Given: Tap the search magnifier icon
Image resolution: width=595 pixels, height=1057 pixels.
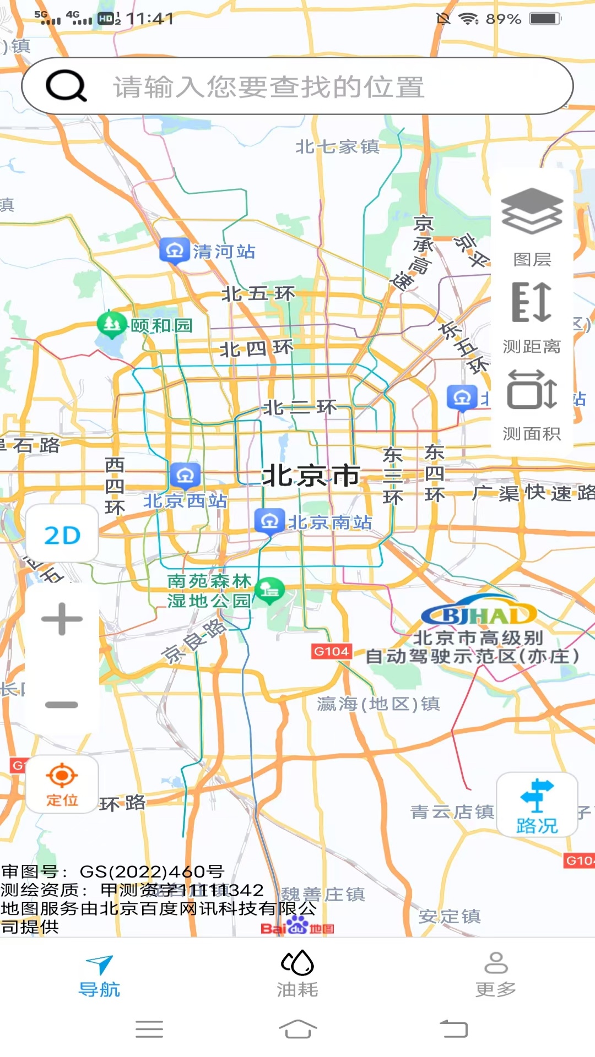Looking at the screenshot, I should pos(66,86).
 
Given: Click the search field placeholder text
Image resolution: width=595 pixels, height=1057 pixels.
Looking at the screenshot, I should pos(269,87).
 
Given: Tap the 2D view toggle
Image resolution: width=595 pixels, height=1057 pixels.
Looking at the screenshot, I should pos(62,535).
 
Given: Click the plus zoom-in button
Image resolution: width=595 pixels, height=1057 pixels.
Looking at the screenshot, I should pos(62,619).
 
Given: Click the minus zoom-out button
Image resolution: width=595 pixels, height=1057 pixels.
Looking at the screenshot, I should pos(62,704).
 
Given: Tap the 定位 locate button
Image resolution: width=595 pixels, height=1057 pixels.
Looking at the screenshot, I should pos(62,784).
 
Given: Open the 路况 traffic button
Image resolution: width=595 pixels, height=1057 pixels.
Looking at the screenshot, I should pos(537,805).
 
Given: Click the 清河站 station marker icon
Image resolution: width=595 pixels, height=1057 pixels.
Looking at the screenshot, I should pos(175,251).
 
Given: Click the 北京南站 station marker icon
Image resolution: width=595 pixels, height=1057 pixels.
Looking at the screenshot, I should pos(269,521).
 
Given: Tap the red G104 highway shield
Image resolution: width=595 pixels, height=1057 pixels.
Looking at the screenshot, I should pos(331,652).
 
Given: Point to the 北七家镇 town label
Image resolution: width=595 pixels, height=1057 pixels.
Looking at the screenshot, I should pos(337,146).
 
